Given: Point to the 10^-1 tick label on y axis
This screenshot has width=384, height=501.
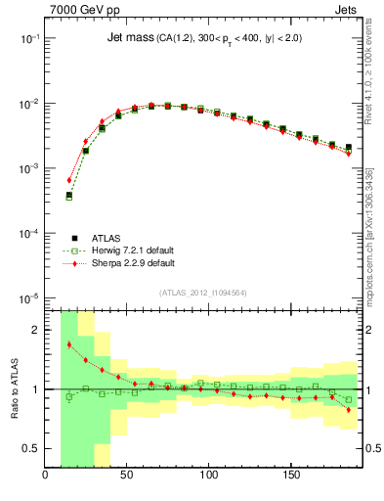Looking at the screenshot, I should click(x=30, y=38).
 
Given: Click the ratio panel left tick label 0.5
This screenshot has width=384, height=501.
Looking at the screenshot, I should click(x=32, y=448).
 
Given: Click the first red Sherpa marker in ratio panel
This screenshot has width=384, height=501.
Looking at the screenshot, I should click(x=68, y=344).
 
